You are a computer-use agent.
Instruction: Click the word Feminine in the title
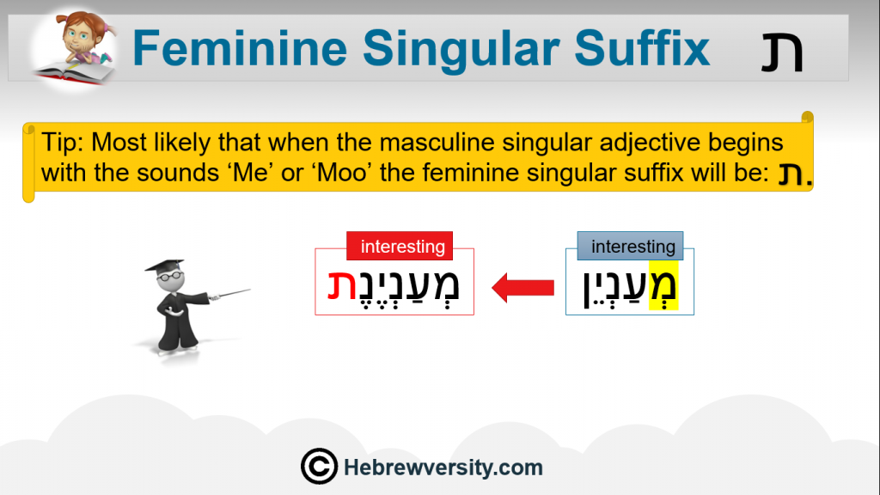point(240,48)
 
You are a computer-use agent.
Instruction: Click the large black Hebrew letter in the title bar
point(782,52)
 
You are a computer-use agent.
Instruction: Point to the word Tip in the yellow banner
point(62,144)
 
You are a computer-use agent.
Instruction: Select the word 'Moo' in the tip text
point(342,172)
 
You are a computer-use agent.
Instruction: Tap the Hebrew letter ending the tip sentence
point(791,174)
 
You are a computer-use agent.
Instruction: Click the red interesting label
point(400,246)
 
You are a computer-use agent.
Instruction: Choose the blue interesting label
point(630,246)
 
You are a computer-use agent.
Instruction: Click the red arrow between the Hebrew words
point(522,288)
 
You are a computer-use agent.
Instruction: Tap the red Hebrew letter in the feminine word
point(342,285)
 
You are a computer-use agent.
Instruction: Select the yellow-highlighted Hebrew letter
point(663,285)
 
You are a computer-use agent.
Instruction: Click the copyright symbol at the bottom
point(319,467)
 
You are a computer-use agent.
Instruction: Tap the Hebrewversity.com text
point(443,467)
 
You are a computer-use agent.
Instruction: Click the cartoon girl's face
point(78,37)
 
